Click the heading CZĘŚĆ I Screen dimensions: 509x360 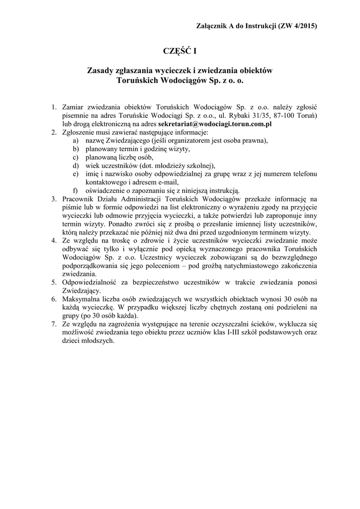pyautogui.click(x=180, y=51)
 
